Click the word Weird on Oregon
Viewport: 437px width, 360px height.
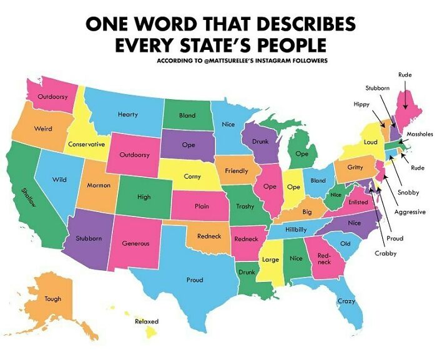(x=42, y=129)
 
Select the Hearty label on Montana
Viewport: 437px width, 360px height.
(x=127, y=115)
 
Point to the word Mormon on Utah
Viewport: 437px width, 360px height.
(x=98, y=185)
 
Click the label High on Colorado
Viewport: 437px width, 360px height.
(x=144, y=197)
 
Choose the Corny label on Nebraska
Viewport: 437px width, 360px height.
(x=192, y=177)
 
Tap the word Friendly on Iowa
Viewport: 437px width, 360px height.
(x=236, y=170)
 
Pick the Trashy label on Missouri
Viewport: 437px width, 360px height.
(x=245, y=206)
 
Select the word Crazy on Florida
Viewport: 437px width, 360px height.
(x=346, y=301)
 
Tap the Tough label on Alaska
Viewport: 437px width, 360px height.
(x=53, y=299)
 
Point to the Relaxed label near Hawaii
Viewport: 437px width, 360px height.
(x=147, y=321)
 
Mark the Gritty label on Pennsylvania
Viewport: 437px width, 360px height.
(x=355, y=167)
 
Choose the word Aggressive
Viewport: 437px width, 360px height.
(x=410, y=212)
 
